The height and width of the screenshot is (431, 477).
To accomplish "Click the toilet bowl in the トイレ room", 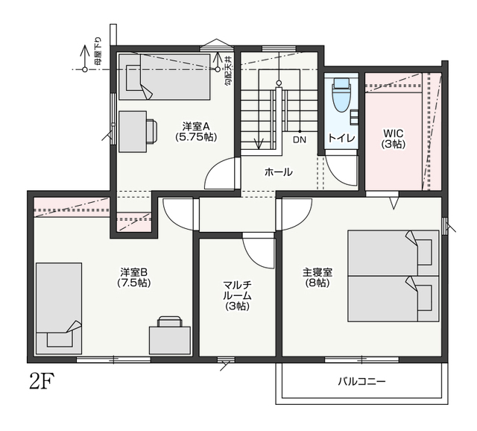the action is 341,95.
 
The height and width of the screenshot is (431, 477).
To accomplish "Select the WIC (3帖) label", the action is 394,139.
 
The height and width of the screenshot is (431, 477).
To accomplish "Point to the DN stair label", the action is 300,140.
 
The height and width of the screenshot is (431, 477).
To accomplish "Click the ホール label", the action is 278,172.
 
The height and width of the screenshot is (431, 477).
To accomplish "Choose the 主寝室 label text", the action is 318,272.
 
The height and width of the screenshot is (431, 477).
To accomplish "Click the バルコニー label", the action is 361,381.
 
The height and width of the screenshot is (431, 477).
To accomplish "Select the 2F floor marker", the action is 42,381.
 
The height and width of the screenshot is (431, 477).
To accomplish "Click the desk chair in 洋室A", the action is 152,131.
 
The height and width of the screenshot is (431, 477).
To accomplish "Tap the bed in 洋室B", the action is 59,309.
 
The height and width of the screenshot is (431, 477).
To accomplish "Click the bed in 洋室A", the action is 165,77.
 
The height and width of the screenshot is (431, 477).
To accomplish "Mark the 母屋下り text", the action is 98,51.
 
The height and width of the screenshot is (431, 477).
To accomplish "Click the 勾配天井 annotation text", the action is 228,70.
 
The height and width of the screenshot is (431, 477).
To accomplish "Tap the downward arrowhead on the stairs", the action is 259,144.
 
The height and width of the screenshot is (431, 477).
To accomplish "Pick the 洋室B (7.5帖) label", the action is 134,277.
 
